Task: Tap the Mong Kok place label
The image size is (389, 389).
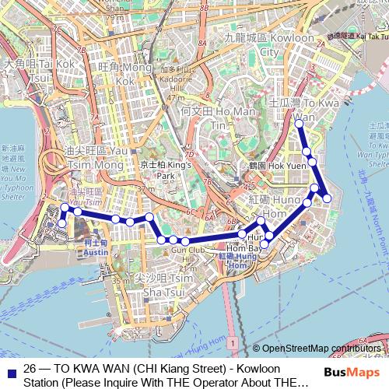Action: tap(124, 74)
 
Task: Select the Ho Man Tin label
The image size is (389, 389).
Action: tap(206, 117)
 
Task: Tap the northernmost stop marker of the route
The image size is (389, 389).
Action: tap(299, 123)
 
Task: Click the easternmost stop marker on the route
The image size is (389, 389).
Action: tap(327, 198)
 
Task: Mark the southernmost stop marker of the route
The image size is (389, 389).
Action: tap(265, 245)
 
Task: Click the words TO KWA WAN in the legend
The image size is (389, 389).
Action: tap(88, 368)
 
